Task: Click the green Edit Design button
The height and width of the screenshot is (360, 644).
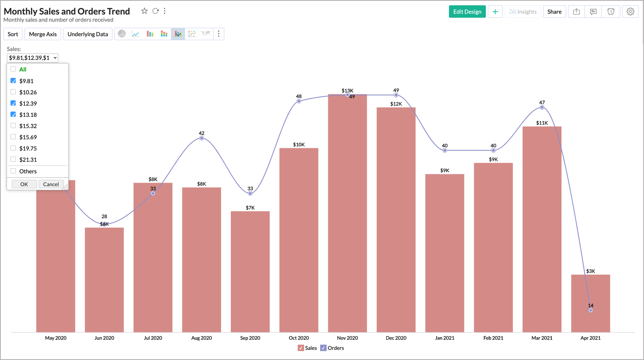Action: pyautogui.click(x=467, y=12)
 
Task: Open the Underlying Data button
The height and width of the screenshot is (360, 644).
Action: pyautogui.click(x=87, y=34)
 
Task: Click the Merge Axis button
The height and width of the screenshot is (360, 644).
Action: pyautogui.click(x=43, y=34)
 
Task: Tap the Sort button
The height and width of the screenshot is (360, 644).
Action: pyautogui.click(x=13, y=34)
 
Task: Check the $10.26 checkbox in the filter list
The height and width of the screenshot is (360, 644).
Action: pyautogui.click(x=13, y=92)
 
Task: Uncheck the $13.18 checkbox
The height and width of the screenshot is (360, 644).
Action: pyautogui.click(x=13, y=114)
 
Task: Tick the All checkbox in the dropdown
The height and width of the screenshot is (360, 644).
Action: pyautogui.click(x=13, y=69)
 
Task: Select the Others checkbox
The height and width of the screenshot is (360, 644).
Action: pyautogui.click(x=13, y=171)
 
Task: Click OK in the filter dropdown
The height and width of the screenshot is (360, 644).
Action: pyautogui.click(x=24, y=184)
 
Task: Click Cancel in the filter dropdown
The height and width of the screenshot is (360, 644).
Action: pyautogui.click(x=51, y=184)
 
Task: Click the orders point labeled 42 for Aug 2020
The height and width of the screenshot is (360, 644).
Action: pyautogui.click(x=201, y=138)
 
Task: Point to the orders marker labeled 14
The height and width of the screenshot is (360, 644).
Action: pyautogui.click(x=591, y=310)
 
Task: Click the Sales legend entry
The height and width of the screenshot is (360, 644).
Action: pyautogui.click(x=307, y=348)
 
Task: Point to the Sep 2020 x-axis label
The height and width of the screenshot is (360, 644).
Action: pyautogui.click(x=250, y=338)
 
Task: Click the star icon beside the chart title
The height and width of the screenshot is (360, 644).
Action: pyautogui.click(x=144, y=11)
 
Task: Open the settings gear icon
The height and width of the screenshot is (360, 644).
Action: pyautogui.click(x=630, y=12)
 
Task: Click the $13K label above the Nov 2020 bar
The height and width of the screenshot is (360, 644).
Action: pyautogui.click(x=347, y=91)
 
